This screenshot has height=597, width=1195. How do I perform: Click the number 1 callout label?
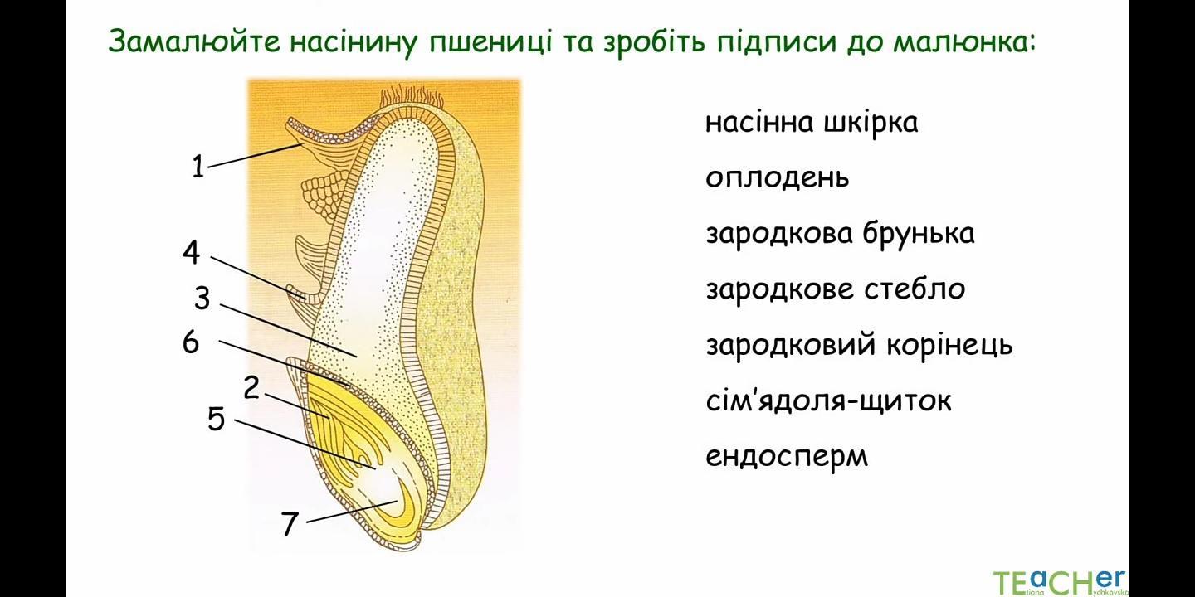pyautogui.click(x=198, y=167)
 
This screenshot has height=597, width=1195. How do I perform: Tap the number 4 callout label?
pyautogui.click(x=192, y=252)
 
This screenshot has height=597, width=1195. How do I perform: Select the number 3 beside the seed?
pyautogui.click(x=202, y=298)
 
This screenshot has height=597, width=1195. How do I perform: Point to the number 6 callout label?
pyautogui.click(x=191, y=342)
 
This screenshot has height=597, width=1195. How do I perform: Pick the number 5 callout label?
pyautogui.click(x=216, y=419)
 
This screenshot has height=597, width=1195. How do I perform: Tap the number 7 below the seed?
pyautogui.click(x=290, y=525)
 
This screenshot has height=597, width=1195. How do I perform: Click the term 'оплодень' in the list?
pyautogui.click(x=777, y=178)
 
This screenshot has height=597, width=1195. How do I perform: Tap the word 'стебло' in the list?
pyautogui.click(x=915, y=289)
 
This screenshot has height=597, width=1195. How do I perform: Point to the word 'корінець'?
pyautogui.click(x=949, y=345)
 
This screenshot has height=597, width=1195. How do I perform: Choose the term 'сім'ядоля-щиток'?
pyautogui.click(x=828, y=400)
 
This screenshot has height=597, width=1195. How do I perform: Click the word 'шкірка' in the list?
pyautogui.click(x=871, y=123)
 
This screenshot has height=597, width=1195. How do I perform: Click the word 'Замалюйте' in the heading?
pyautogui.click(x=194, y=41)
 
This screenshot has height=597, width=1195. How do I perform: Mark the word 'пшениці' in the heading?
pyautogui.click(x=490, y=42)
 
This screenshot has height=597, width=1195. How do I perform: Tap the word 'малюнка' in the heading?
pyautogui.click(x=964, y=42)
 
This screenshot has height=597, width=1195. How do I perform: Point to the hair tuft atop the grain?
pyautogui.click(x=412, y=98)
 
